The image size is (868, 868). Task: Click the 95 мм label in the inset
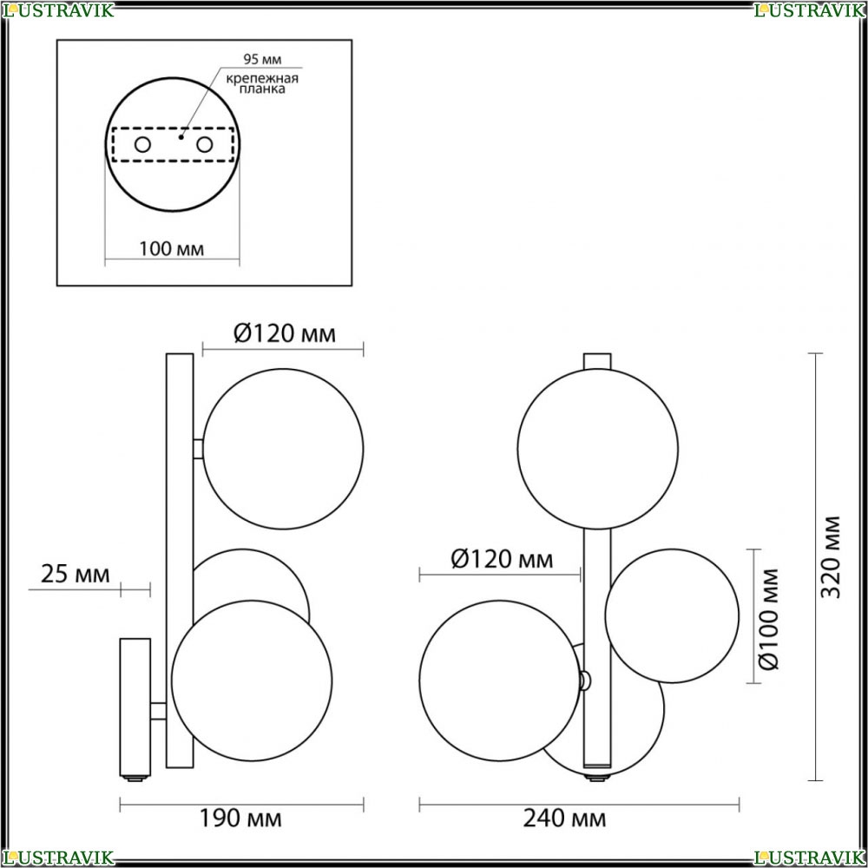262,59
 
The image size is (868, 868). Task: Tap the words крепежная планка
262,83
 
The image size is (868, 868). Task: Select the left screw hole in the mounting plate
142,145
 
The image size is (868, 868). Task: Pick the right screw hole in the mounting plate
204,145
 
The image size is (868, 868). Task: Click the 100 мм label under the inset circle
172,249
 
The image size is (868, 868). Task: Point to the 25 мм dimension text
76,574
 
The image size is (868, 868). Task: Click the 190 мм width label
240,818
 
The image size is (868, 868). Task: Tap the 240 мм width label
565,818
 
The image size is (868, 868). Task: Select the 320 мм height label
831,557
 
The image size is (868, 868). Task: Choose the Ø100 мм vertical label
768,619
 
